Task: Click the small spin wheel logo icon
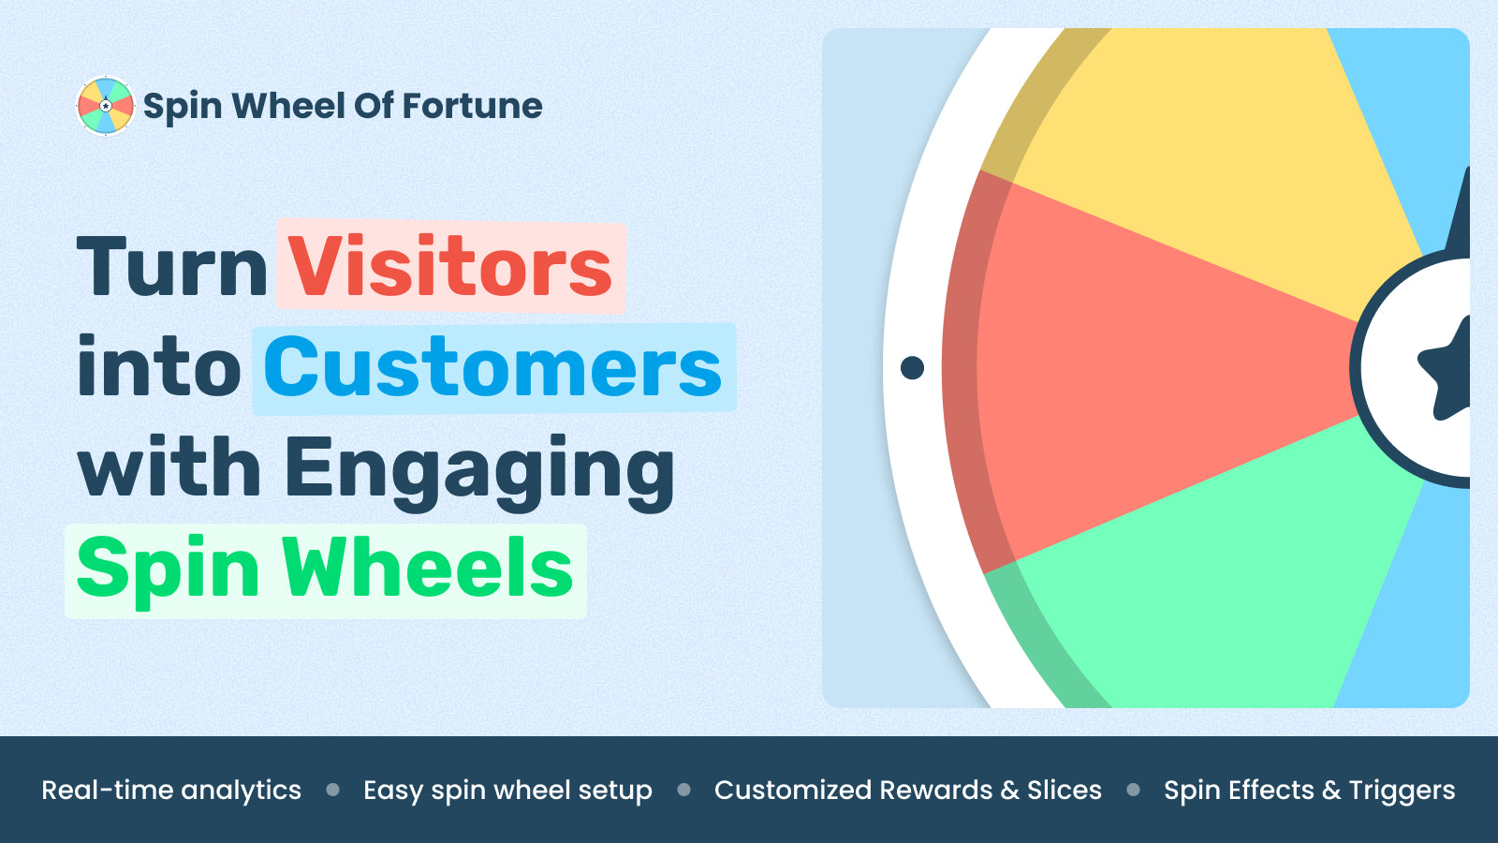(x=106, y=106)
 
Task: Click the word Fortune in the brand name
(x=472, y=106)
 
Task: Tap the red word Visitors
(x=450, y=266)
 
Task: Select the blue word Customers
(x=492, y=366)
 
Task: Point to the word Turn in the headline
(x=172, y=266)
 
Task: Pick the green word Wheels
(x=427, y=567)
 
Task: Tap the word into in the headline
(x=158, y=366)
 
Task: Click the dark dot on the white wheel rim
(x=912, y=367)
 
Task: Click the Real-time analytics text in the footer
(x=171, y=791)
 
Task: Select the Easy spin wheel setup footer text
(x=507, y=791)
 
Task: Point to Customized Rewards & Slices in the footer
(x=907, y=791)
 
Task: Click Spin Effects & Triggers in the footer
(x=1310, y=791)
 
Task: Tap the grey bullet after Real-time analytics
(x=332, y=791)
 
